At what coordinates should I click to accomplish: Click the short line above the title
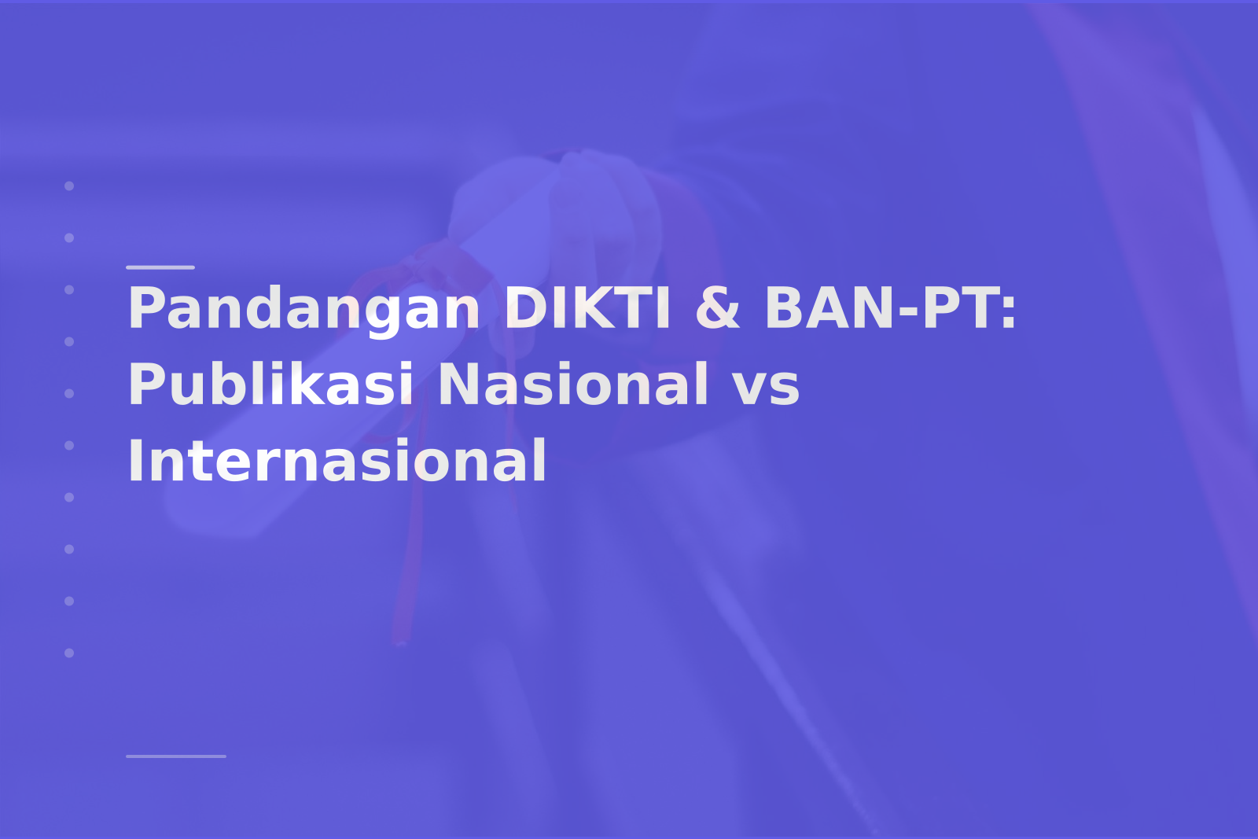click(160, 267)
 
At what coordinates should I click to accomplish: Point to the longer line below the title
click(176, 756)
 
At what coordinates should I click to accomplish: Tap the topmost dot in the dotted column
click(69, 186)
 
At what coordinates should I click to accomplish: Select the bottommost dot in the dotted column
click(69, 653)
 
